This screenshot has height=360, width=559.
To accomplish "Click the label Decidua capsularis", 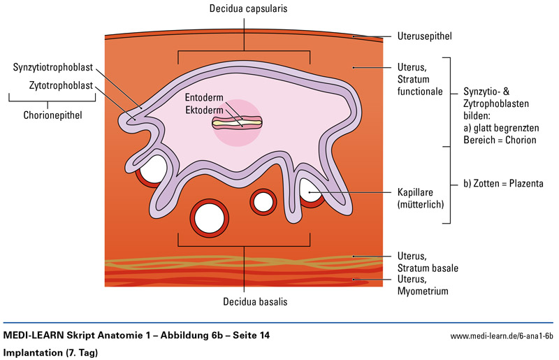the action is coord(248,8).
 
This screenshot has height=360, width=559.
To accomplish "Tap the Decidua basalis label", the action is coord(255,301).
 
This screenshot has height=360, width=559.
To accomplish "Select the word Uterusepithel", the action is coord(425,36).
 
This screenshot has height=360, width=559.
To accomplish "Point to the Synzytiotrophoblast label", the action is coord(53,67).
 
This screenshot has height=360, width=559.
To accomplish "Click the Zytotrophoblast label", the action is coord(61,85).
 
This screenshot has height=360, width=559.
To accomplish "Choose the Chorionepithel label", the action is coord(53,115).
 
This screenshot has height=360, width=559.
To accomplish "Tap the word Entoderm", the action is coord(204,97).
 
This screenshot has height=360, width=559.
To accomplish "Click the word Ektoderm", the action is coord(204,110).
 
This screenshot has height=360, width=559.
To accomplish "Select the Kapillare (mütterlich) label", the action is coord(421,199).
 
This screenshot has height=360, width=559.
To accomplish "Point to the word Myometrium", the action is coord(423,291).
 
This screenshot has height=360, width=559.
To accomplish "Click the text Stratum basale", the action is coord(428,268).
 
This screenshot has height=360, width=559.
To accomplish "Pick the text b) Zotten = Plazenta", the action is coord(503,184).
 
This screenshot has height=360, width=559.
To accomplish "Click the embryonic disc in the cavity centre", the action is coord(237,123).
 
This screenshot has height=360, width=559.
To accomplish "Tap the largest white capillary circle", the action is coord(209,218).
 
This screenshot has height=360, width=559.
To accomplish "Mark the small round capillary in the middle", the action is coord(263,202).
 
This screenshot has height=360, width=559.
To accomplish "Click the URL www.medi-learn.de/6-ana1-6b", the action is coord(502,336).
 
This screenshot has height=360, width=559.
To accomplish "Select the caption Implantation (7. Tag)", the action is coord(50,353).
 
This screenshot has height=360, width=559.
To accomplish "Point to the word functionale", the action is coord(420,92).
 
